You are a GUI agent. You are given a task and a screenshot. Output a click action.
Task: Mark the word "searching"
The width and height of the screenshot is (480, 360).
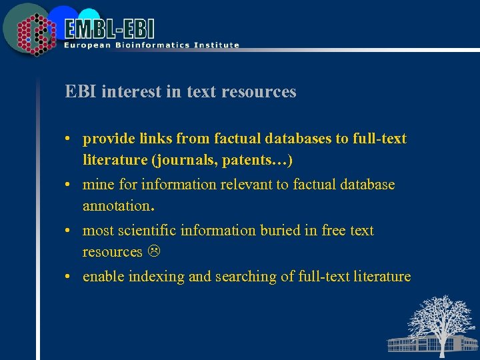[244, 277]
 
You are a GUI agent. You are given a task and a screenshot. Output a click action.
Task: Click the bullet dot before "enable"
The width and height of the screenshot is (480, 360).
[69, 277]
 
